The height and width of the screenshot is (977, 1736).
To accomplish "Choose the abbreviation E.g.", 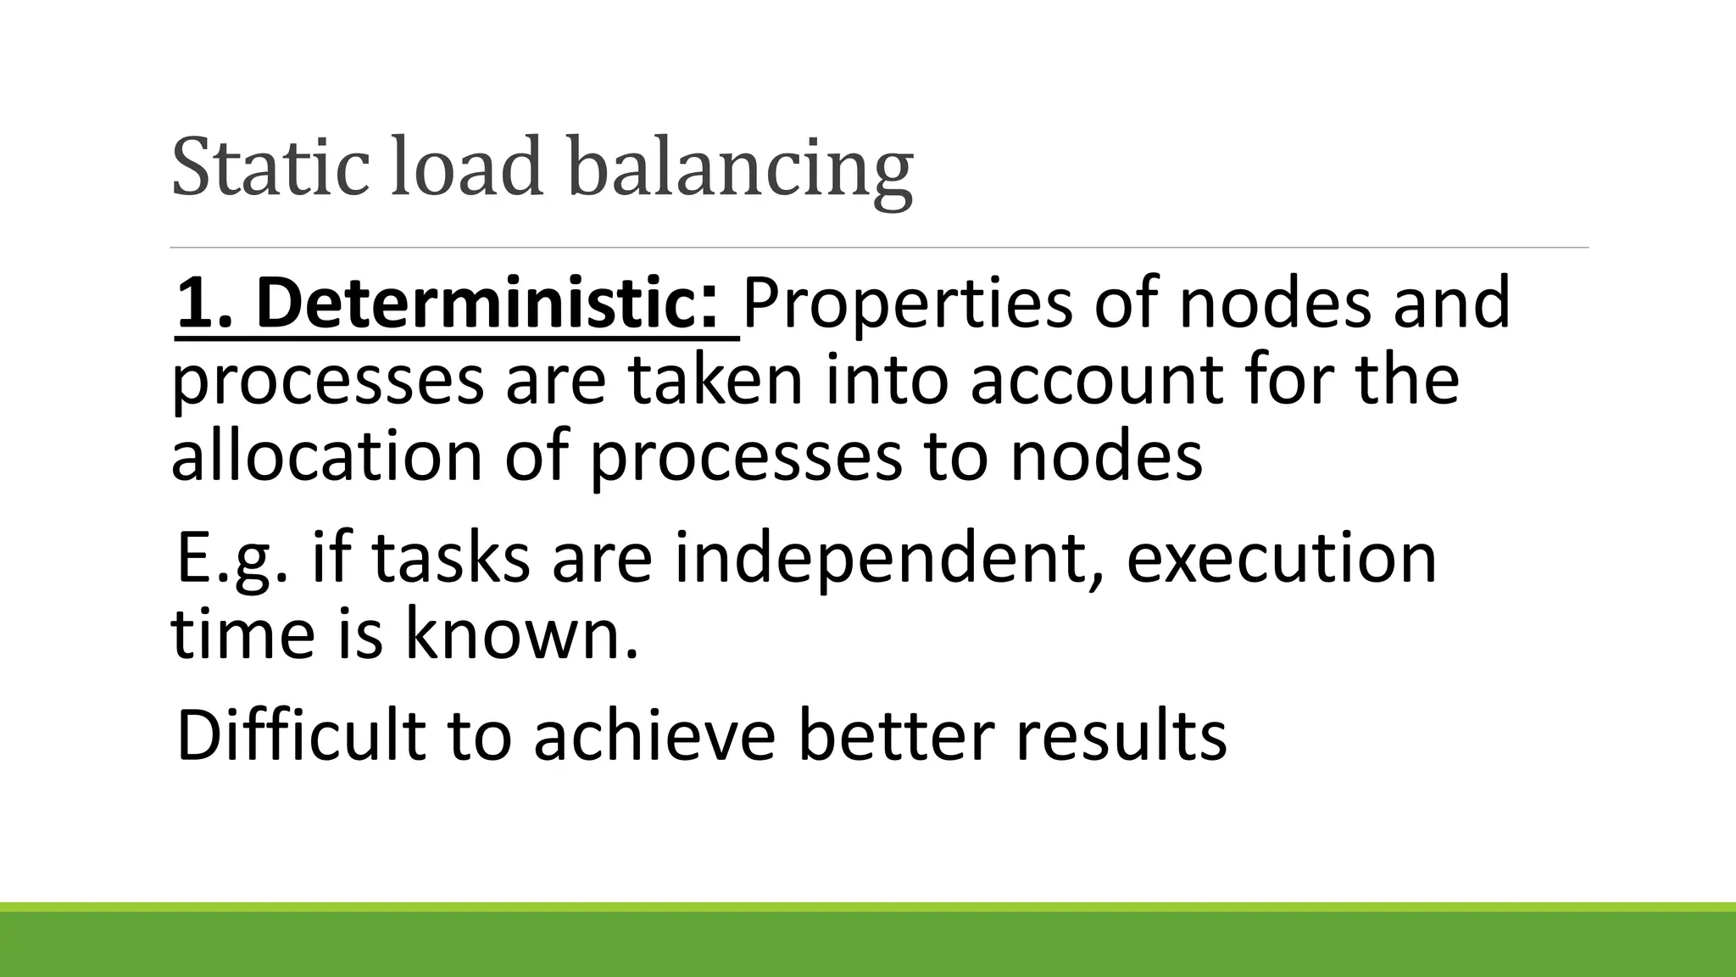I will [231, 560].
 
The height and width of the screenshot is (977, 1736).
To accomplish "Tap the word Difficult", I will [301, 734].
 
